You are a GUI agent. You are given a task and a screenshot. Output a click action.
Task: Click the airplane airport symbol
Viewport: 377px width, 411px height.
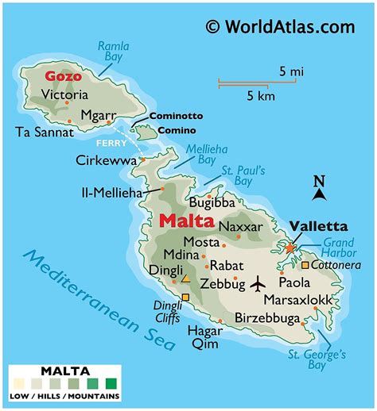(258, 282)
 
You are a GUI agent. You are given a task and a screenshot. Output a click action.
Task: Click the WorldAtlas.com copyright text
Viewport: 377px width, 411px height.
(279, 26)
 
